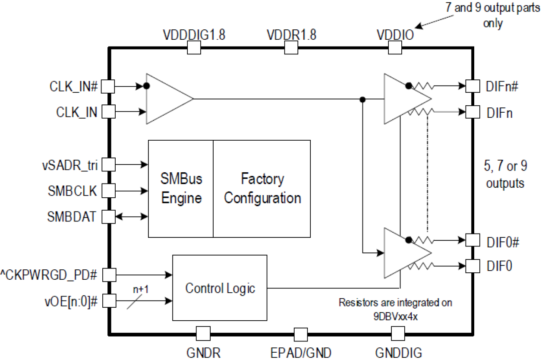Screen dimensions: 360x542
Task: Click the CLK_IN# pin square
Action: (x=108, y=86)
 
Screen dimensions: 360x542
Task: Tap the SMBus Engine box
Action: (x=181, y=188)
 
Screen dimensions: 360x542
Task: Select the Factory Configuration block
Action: (x=262, y=188)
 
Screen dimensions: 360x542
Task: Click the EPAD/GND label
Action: (x=301, y=353)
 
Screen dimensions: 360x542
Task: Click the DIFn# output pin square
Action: (x=473, y=86)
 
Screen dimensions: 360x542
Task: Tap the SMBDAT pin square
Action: (x=108, y=216)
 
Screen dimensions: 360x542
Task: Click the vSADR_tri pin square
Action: (x=108, y=164)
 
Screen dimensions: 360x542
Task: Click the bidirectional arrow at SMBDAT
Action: (x=132, y=216)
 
